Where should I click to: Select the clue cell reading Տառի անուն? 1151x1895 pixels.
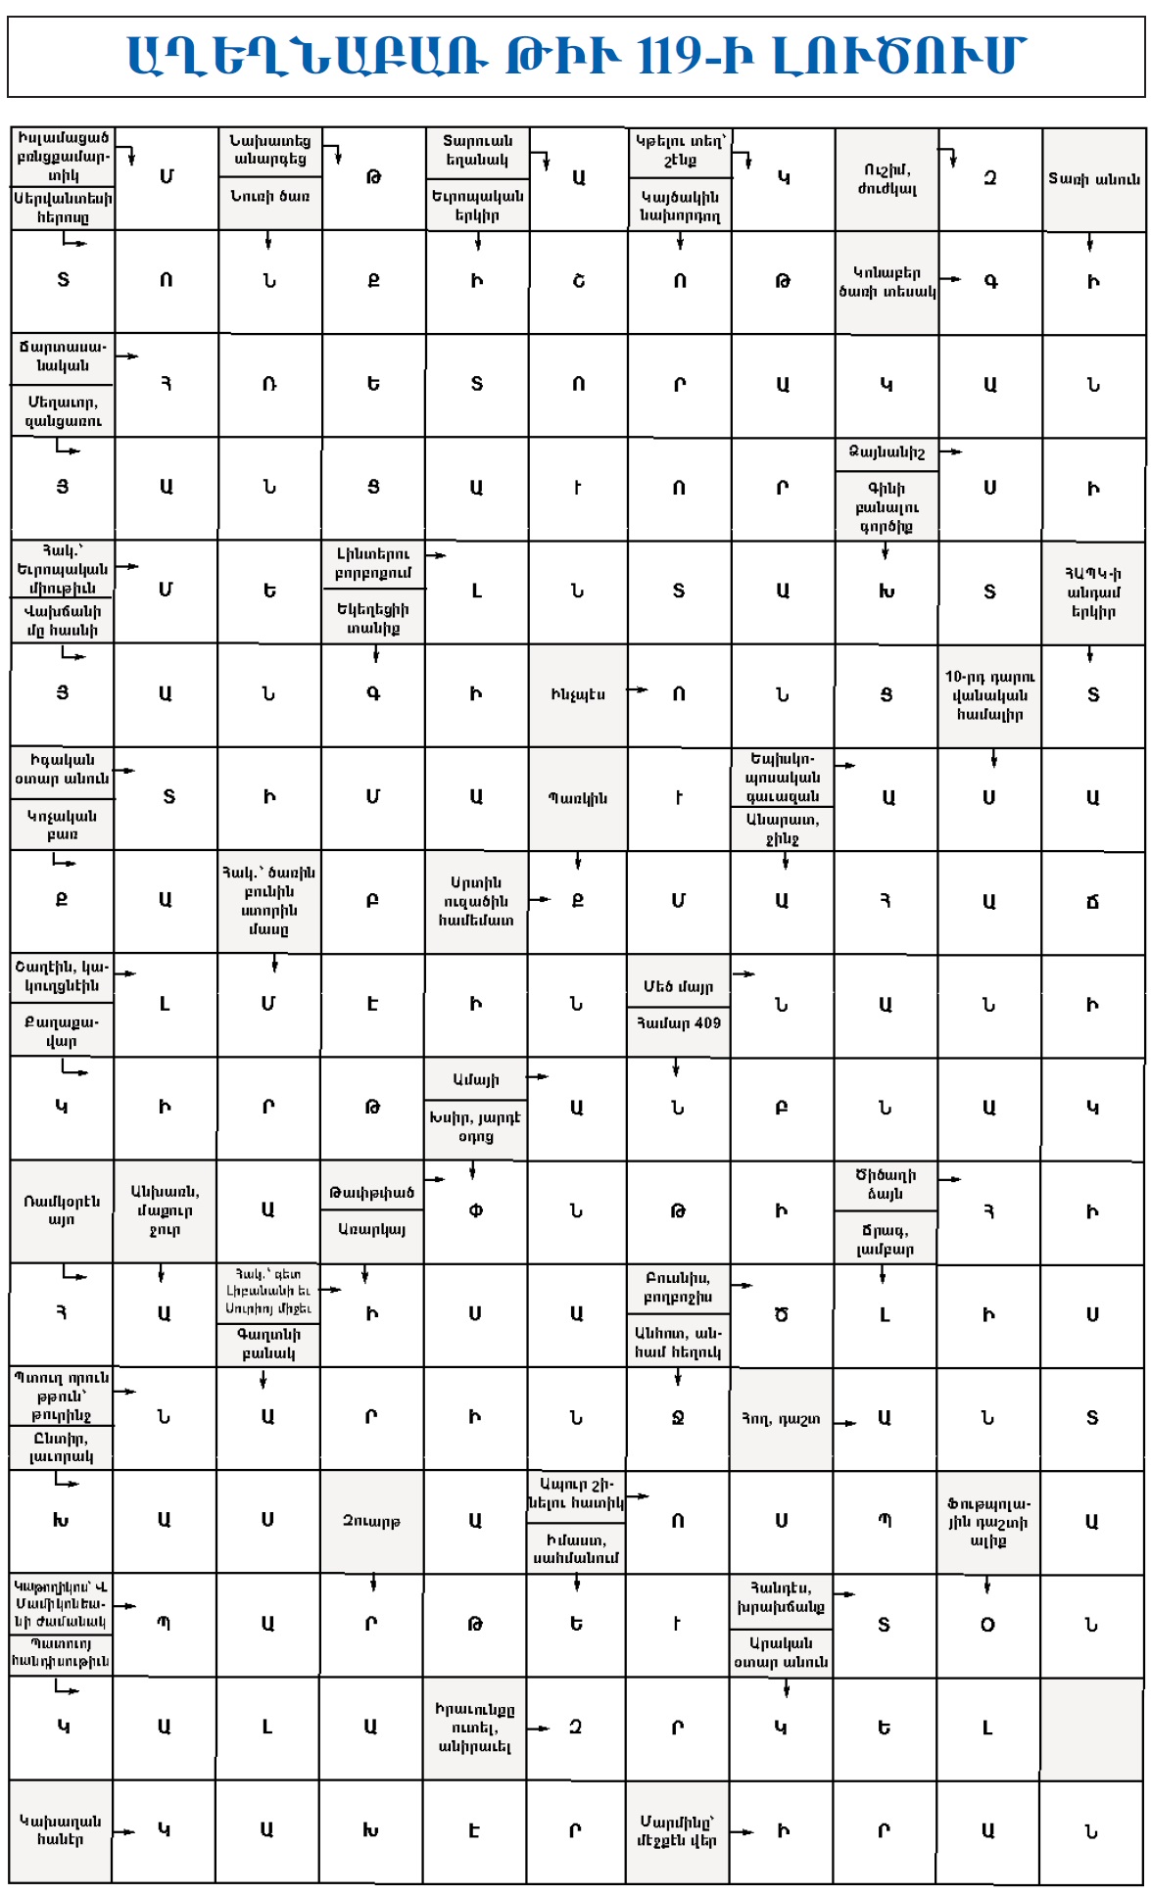click(1093, 178)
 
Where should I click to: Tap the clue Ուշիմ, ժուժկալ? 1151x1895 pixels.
click(887, 178)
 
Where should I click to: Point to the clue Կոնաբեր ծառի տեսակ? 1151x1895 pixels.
click(887, 281)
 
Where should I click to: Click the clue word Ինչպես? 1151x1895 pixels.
click(578, 694)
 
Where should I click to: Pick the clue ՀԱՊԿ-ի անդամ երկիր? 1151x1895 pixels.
click(1093, 592)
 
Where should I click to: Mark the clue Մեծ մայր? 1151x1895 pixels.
click(678, 986)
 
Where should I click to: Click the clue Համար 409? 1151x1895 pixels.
click(678, 1023)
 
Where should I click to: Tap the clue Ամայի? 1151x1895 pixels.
click(475, 1079)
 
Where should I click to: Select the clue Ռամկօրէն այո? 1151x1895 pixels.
click(62, 1210)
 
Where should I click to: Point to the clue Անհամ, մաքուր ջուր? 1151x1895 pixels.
click(165, 1210)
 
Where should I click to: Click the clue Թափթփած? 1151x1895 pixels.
click(371, 1192)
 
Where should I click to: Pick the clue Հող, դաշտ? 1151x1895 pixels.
click(780, 1418)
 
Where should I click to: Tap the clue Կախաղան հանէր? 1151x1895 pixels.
click(61, 1829)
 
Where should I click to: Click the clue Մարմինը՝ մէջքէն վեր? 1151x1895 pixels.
click(677, 1830)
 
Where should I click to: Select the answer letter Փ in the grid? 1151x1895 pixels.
click(475, 1210)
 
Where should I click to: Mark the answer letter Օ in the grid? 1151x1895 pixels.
click(987, 1625)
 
